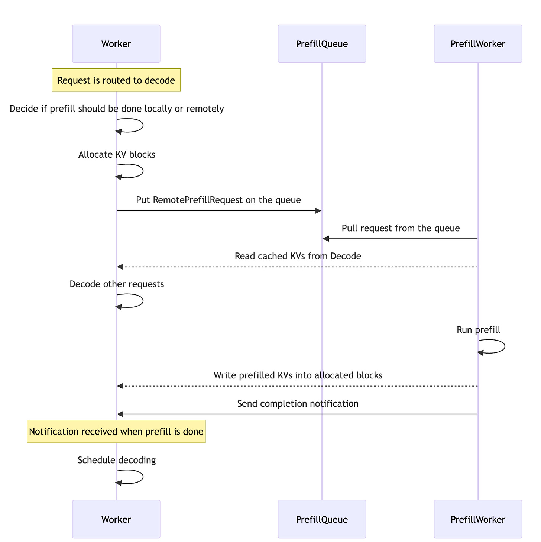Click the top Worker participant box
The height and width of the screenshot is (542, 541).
click(x=116, y=43)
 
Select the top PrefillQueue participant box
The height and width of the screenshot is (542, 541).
click(x=322, y=43)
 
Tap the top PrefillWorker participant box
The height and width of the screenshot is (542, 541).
click(x=478, y=43)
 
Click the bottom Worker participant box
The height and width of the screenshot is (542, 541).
click(x=116, y=519)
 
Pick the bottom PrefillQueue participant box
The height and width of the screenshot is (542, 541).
click(x=322, y=519)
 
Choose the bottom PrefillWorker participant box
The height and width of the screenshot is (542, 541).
click(x=478, y=519)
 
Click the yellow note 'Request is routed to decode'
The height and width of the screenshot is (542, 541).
click(x=116, y=80)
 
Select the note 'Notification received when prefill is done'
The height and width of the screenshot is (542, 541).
click(x=116, y=432)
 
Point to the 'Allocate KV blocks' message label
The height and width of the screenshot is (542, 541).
click(x=117, y=154)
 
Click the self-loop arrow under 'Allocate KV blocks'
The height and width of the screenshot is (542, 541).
click(x=143, y=171)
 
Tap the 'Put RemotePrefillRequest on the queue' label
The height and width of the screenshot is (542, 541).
click(x=218, y=200)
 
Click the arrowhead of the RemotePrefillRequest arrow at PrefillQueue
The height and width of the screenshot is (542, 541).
click(x=318, y=211)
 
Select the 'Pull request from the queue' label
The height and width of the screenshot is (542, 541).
click(x=401, y=228)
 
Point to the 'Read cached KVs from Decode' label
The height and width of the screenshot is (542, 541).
click(x=298, y=256)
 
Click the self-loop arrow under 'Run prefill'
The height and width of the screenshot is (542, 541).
click(x=505, y=346)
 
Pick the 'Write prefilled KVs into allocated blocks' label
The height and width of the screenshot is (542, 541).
click(x=298, y=375)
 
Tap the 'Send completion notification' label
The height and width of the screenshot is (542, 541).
click(x=298, y=404)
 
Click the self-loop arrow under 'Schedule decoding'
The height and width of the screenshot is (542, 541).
click(x=143, y=477)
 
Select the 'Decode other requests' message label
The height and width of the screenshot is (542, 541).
click(x=117, y=284)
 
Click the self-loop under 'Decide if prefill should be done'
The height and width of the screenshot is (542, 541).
click(x=143, y=125)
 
